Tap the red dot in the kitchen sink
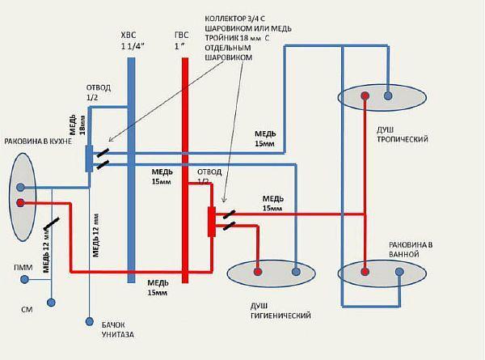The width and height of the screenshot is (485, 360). [20, 204]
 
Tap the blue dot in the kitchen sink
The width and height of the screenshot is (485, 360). [20, 187]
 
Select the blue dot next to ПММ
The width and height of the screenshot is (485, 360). [25, 280]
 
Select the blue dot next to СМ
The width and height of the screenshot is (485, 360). [51, 303]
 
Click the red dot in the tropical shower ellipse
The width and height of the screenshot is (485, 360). [365, 97]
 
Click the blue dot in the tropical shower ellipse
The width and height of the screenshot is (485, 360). [389, 97]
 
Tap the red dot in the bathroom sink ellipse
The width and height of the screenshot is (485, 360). [365, 272]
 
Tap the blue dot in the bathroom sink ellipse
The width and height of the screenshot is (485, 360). [399, 272]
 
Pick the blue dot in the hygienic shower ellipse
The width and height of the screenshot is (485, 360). [297, 273]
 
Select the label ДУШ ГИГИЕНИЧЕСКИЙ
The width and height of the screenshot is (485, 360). [280, 311]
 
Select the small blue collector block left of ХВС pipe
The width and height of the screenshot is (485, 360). [89, 157]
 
